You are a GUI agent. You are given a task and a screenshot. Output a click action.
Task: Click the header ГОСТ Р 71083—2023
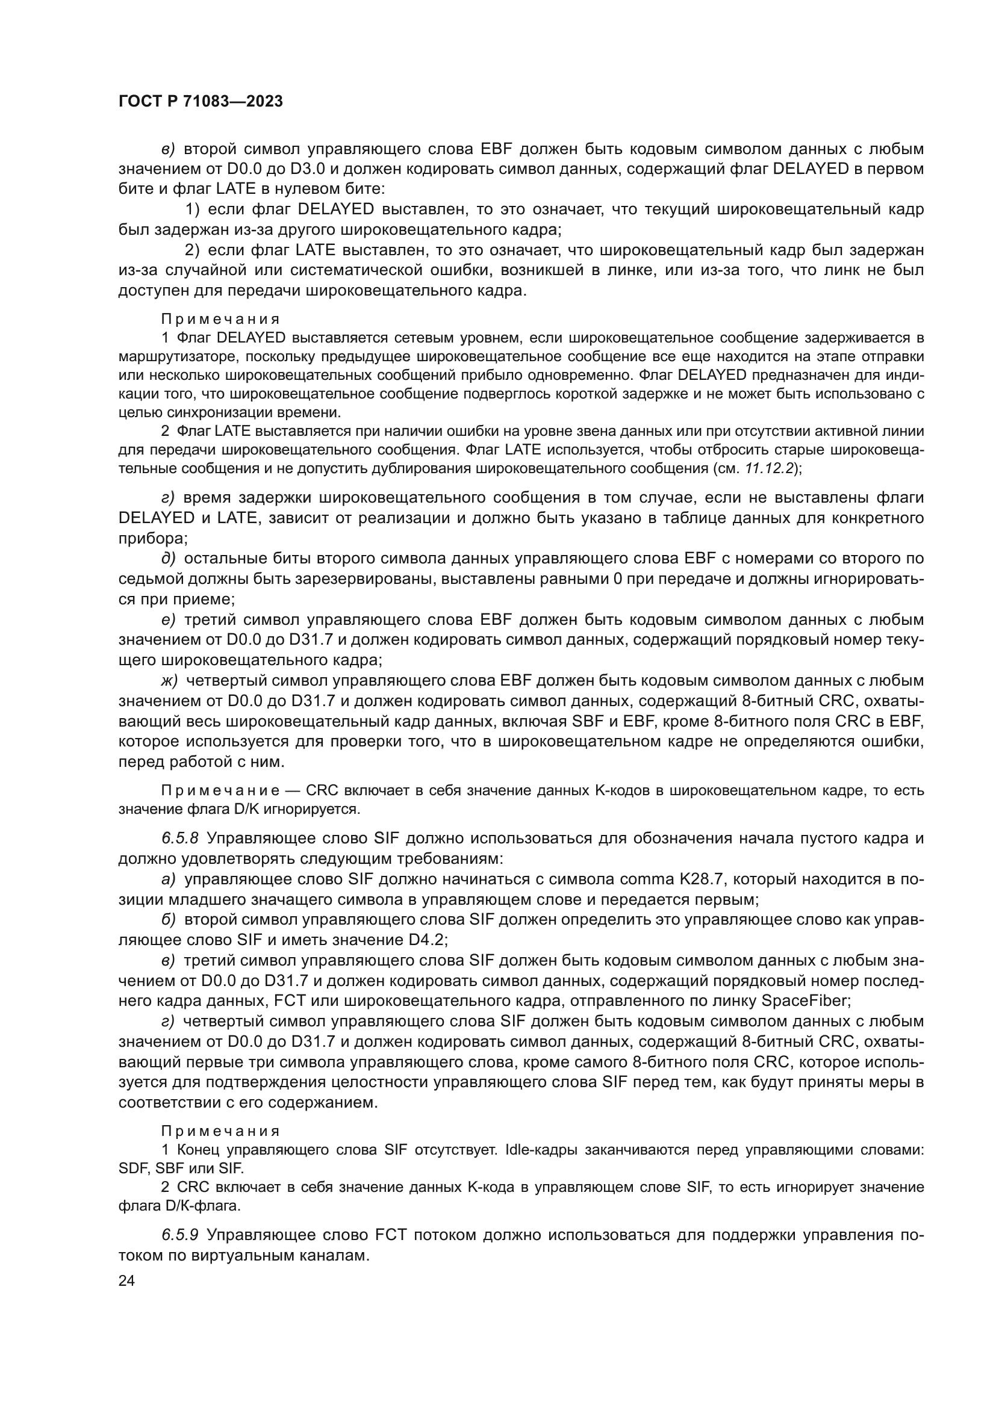(201, 102)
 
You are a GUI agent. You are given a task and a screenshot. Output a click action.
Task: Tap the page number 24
(126, 1280)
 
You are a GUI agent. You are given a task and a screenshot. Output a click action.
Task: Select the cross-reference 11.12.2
(770, 469)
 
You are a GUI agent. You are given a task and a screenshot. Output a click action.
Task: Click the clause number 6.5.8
(180, 839)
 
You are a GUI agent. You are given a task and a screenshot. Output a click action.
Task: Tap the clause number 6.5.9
(180, 1235)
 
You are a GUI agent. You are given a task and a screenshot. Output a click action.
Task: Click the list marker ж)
(169, 681)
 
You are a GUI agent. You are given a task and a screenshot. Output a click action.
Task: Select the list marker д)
(169, 559)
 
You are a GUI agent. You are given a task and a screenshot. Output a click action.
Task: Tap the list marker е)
(169, 620)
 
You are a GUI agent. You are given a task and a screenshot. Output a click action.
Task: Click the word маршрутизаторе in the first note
(164, 357)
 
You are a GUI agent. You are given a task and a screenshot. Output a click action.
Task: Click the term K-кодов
(626, 791)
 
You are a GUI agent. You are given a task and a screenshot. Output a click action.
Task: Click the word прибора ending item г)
(151, 538)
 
